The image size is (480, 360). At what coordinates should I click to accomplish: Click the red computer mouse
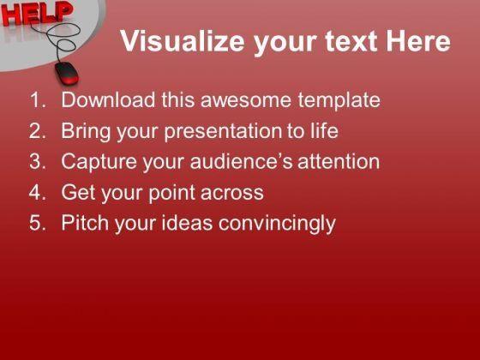point(67,73)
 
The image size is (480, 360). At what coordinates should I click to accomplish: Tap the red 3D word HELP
point(36,13)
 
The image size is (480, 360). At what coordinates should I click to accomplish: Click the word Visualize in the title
point(183,41)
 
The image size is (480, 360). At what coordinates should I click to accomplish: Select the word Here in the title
point(418,41)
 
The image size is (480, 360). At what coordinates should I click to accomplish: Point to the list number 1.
point(38,99)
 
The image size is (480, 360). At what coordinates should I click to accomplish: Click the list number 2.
point(38,130)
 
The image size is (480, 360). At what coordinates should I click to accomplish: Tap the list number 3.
point(38,161)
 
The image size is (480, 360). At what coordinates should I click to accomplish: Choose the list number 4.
point(38,192)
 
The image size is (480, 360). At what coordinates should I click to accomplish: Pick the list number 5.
point(38,223)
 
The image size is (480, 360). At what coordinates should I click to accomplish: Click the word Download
point(108,99)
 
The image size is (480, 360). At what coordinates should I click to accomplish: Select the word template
point(339,101)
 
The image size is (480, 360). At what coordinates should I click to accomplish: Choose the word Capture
point(99,162)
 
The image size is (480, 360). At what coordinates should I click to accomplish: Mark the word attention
point(339,161)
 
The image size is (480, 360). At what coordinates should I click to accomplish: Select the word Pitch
point(85,222)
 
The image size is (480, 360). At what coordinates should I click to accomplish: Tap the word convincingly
point(277,224)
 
